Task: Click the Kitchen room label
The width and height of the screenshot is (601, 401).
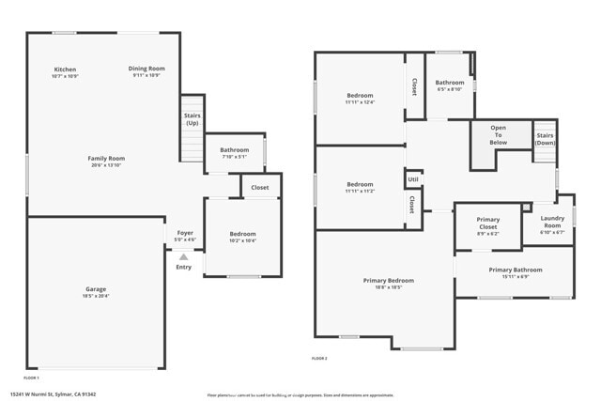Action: tap(65, 69)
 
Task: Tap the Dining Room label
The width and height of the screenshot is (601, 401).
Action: tap(146, 69)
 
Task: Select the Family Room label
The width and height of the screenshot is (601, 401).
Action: tap(106, 159)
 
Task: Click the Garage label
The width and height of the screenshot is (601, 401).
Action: tap(96, 289)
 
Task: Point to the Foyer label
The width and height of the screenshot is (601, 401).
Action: tap(184, 234)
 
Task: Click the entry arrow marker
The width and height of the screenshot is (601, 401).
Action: tap(183, 256)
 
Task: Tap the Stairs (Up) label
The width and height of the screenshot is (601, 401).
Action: tap(193, 119)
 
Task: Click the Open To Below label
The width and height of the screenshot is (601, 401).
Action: tap(498, 135)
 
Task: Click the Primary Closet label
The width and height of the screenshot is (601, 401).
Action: tap(488, 224)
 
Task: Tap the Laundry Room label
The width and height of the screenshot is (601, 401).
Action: tap(552, 222)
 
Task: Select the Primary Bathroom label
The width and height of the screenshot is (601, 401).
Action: tap(515, 270)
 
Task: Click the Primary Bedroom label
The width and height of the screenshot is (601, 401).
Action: tap(389, 281)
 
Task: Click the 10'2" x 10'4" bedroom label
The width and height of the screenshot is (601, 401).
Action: tap(243, 241)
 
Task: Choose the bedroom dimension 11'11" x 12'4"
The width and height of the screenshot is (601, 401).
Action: tap(360, 102)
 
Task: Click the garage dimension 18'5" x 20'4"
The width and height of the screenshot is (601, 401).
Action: tap(96, 296)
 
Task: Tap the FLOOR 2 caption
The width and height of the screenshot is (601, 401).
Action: tap(320, 358)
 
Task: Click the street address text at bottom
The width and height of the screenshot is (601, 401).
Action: tap(54, 394)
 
